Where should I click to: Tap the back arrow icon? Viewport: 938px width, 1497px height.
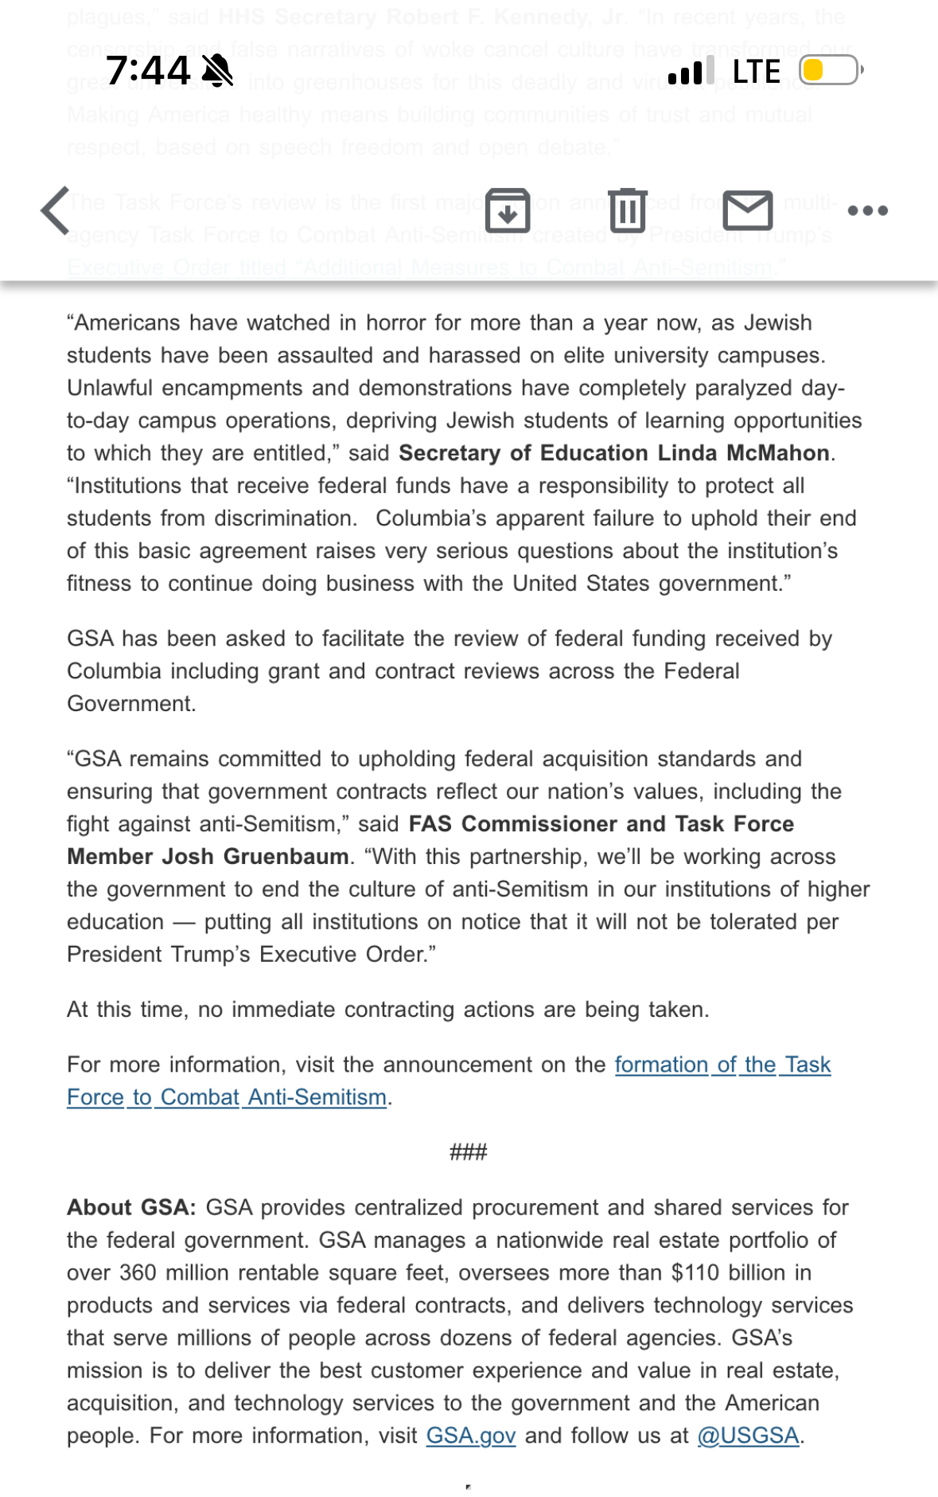coord(56,211)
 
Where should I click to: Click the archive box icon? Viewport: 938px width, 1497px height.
coord(508,211)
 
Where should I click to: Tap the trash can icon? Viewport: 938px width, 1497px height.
coord(628,211)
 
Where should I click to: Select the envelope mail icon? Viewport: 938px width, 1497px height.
coord(748,211)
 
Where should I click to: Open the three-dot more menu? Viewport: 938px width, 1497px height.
coord(867,211)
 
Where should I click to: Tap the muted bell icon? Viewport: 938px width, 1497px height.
coord(217,71)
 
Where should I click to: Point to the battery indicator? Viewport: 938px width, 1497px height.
coord(831,71)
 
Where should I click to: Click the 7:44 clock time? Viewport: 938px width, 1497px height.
coord(149,71)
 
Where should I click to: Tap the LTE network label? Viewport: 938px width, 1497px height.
coord(756,72)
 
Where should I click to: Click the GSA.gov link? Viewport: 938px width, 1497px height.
coord(471,1436)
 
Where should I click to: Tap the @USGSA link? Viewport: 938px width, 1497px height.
coord(748,1436)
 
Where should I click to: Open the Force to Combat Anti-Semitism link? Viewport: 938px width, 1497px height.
coord(227,1097)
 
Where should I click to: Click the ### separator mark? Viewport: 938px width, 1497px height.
coord(469,1152)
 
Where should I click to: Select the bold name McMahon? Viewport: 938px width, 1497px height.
coord(778,453)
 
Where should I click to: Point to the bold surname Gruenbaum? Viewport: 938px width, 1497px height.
coord(286,857)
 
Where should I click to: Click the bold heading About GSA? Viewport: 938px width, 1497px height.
coord(131,1208)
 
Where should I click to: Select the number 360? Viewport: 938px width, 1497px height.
coord(138,1273)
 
